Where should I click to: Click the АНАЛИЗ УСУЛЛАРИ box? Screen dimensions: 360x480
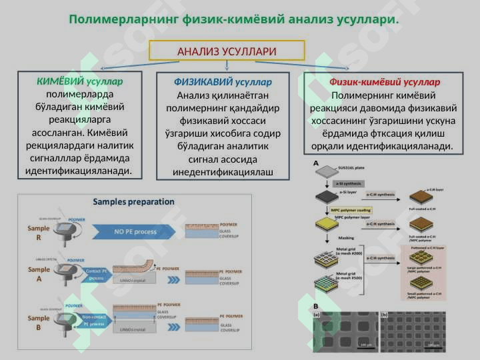pos(227,51)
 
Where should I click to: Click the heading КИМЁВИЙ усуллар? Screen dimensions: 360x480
pos(80,81)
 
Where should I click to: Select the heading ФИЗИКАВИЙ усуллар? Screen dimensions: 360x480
pos(223,82)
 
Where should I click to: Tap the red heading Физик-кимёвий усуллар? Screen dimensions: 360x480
pos(384,82)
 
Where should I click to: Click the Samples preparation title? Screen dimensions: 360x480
pos(133,201)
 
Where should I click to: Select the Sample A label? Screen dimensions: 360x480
pos(39,274)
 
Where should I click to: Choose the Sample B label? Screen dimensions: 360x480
pos(39,323)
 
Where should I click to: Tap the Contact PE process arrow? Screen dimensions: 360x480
pos(97,274)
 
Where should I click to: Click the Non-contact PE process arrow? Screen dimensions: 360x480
pos(94,320)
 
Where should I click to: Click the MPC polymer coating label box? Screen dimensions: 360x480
pos(351,209)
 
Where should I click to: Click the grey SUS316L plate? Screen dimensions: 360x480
pos(325,171)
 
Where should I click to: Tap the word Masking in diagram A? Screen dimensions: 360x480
pos(347,237)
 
